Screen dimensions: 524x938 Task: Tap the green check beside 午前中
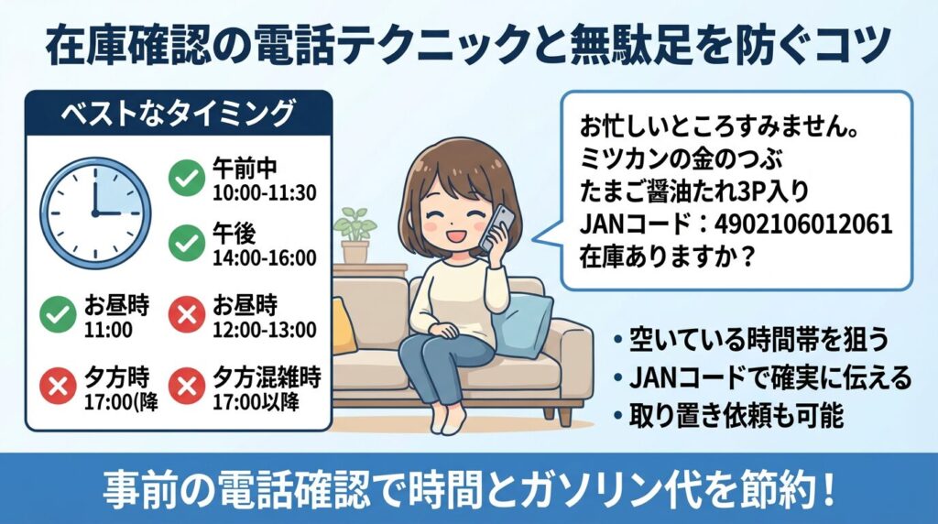[x=188, y=179]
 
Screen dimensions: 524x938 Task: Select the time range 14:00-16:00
[x=265, y=259]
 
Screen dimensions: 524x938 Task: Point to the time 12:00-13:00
[x=265, y=330]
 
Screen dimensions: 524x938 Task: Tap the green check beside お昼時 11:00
[x=58, y=316]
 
